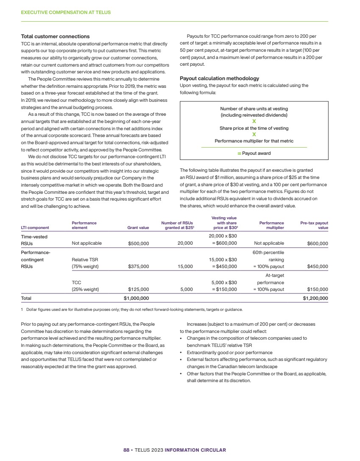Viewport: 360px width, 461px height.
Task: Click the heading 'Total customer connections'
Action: point(55,36)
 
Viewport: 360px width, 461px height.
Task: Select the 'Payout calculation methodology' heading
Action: point(219,78)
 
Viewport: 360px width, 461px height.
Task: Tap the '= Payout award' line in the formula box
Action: point(254,153)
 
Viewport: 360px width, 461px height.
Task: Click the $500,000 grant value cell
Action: point(138,243)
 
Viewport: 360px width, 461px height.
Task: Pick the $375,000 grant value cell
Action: point(138,267)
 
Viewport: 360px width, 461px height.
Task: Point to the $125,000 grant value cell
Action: point(138,290)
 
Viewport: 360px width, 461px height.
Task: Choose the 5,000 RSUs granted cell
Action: point(187,290)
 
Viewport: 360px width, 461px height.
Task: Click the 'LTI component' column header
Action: point(35,228)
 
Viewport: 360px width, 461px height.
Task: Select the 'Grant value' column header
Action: point(138,228)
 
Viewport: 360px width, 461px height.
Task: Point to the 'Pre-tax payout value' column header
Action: point(314,225)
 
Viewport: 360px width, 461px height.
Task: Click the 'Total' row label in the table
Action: point(26,299)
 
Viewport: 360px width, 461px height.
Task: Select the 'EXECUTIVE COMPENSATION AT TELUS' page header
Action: point(66,13)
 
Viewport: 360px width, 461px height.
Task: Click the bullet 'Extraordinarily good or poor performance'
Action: point(229,352)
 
